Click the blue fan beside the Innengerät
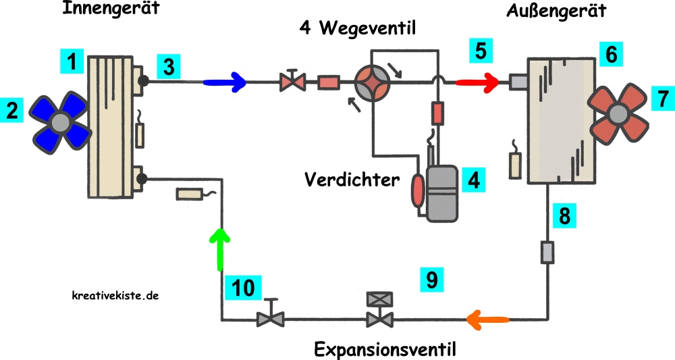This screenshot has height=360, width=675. pos(61,122)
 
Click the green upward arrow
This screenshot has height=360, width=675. pos(219,246)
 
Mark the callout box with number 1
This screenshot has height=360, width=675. pos(71,63)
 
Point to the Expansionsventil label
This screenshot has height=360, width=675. pos(385,350)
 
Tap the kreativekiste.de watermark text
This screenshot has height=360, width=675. pos(115,295)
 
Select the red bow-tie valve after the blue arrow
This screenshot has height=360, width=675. pos(292,82)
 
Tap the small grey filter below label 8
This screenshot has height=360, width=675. pos(547,253)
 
